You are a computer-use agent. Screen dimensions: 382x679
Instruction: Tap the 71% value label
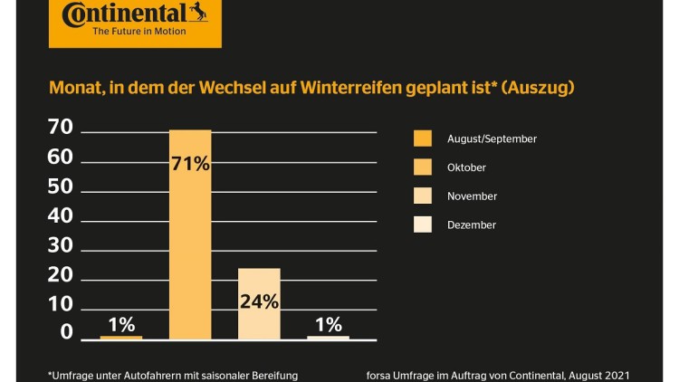point(191,164)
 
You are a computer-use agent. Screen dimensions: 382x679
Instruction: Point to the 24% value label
point(259,301)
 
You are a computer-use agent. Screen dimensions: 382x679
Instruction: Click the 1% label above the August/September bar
point(120,323)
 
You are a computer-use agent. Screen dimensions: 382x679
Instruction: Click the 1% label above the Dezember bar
point(328,323)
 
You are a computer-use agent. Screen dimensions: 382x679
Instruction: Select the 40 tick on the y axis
point(60,215)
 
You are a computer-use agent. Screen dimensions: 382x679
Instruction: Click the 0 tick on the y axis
point(66,333)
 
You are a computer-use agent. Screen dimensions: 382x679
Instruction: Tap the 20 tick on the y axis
point(60,274)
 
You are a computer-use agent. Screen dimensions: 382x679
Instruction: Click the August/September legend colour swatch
point(422,138)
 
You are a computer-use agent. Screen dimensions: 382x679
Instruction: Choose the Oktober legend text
point(466,167)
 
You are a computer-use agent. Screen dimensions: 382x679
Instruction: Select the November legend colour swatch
point(422,196)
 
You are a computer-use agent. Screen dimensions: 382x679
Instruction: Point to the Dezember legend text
point(472,224)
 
